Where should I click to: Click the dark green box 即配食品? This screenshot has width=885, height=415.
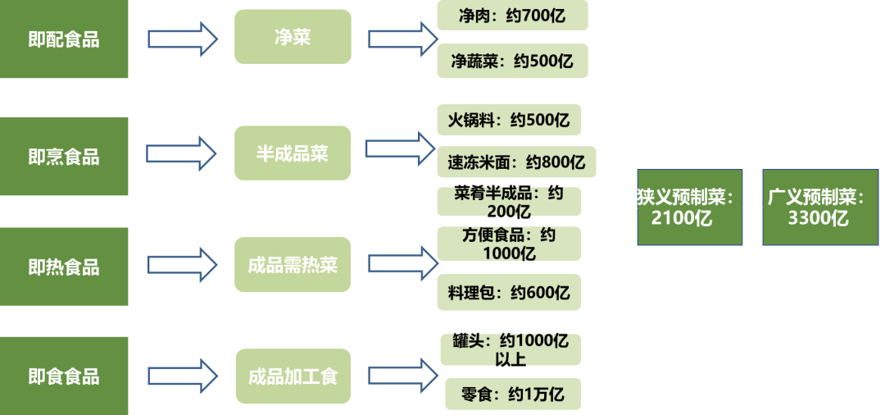[64, 39]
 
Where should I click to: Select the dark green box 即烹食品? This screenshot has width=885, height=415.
[64, 156]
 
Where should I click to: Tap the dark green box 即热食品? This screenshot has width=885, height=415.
[64, 267]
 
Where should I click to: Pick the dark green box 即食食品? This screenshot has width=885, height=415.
[64, 376]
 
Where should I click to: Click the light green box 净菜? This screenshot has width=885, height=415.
[293, 37]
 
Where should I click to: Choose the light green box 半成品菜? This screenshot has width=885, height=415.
[293, 153]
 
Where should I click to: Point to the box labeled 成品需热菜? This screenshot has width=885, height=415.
[293, 265]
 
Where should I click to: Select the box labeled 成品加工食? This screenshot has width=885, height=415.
[293, 376]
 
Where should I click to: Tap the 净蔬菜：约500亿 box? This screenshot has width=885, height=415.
[512, 61]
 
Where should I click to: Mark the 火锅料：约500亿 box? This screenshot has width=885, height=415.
[509, 121]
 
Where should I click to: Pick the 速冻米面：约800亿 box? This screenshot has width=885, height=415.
[516, 162]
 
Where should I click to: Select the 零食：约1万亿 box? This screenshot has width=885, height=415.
[512, 394]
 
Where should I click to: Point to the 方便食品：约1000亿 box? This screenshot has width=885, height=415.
[509, 244]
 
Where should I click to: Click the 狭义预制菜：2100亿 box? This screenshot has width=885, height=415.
[690, 207]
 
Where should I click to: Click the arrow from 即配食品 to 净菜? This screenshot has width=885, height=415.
[182, 38]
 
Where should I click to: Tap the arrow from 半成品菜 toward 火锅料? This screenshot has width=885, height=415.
[399, 148]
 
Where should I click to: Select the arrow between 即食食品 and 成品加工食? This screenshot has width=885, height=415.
[182, 376]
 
